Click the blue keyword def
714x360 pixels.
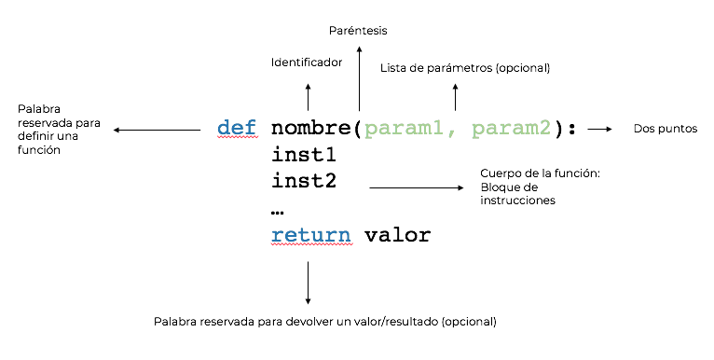(x=237, y=128)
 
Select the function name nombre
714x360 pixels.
(x=311, y=128)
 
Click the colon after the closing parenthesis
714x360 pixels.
(x=572, y=130)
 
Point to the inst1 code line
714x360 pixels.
(x=304, y=155)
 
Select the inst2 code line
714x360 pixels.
(x=304, y=181)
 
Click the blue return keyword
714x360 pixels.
(x=311, y=235)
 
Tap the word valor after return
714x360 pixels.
(x=397, y=235)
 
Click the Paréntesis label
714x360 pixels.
(x=358, y=31)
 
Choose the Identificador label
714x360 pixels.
(x=307, y=62)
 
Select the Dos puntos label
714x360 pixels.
(x=666, y=129)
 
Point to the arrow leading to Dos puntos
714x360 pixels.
(x=599, y=130)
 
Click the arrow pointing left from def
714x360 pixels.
(x=158, y=130)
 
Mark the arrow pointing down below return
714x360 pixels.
(x=308, y=283)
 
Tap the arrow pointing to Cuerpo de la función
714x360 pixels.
(x=417, y=187)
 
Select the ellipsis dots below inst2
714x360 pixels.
(x=278, y=213)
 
